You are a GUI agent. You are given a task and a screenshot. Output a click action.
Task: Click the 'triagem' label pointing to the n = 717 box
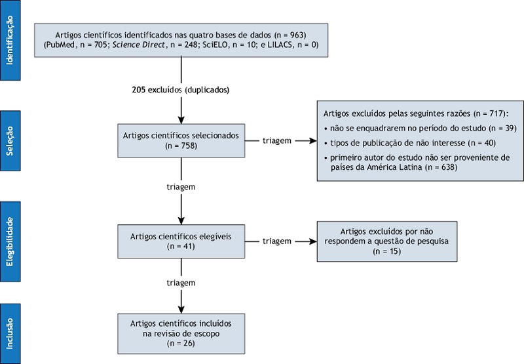[x=276, y=140]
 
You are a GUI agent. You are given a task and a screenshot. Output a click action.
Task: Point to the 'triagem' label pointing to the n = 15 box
[x=276, y=241]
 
